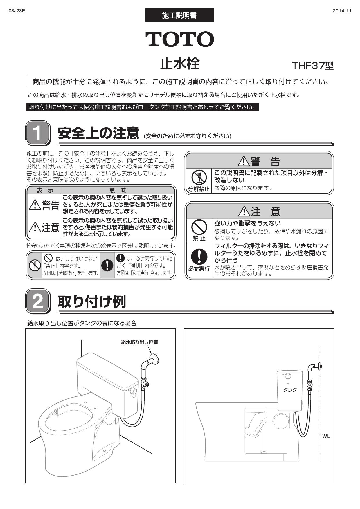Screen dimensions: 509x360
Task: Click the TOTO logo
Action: click(180, 39)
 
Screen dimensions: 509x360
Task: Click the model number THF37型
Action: click(313, 66)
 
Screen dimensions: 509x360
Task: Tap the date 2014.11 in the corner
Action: click(342, 11)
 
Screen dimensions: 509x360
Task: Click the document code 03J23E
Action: click(17, 11)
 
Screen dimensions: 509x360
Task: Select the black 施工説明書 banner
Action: click(179, 15)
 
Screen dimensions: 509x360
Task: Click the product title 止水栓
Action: click(180, 64)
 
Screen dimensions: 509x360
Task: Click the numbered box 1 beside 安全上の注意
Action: click(37, 133)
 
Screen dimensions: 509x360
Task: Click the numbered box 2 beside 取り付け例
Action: click(37, 302)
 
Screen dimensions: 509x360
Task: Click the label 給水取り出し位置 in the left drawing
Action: click(139, 342)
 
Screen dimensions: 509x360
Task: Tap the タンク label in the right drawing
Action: click(290, 390)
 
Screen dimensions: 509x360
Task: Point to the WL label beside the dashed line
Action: click(326, 436)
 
